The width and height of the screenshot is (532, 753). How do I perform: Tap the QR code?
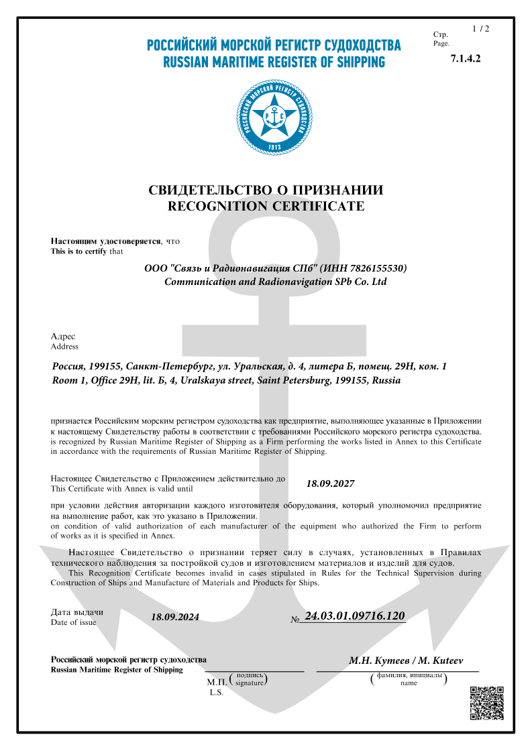[486, 703]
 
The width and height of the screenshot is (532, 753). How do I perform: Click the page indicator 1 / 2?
[480, 29]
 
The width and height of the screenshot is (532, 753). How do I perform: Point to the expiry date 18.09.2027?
[330, 483]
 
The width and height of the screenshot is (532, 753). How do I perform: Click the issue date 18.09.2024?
[175, 617]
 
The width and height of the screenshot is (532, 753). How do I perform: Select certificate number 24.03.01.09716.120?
[355, 616]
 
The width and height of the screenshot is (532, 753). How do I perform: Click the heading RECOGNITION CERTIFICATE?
[266, 206]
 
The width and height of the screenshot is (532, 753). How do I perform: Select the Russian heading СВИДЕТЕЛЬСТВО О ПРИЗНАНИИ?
[266, 190]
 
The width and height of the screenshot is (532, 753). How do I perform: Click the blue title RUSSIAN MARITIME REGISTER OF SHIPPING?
[274, 62]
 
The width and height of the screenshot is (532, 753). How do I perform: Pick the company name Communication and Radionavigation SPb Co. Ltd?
[276, 282]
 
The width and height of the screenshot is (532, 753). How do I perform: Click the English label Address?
[64, 347]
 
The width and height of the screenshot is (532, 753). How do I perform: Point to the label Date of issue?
[73, 622]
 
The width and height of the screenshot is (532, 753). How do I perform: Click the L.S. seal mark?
[217, 692]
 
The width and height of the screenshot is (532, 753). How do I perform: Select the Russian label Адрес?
[63, 336]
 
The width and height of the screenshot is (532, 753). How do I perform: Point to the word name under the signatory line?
[409, 683]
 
